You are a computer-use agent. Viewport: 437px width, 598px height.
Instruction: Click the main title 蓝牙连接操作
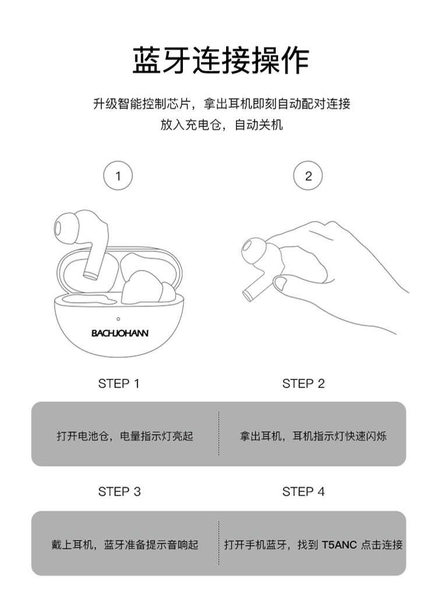pyautogui.click(x=221, y=61)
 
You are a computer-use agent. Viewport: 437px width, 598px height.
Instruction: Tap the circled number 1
pyautogui.click(x=118, y=176)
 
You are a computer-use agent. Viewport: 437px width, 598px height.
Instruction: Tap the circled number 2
pyautogui.click(x=308, y=176)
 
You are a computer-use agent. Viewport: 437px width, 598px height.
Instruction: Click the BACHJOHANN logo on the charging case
pyautogui.click(x=119, y=333)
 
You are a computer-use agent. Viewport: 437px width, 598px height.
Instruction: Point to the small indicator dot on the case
pyautogui.click(x=118, y=319)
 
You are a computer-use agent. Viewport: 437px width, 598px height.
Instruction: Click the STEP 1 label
pyautogui.click(x=119, y=384)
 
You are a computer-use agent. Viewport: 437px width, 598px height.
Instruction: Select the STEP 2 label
pyautogui.click(x=303, y=384)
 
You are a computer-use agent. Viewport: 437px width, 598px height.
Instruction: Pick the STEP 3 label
pyautogui.click(x=119, y=491)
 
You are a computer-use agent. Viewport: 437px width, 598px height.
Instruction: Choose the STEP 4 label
pyautogui.click(x=303, y=491)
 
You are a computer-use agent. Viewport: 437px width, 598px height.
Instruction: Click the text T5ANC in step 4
pyautogui.click(x=339, y=544)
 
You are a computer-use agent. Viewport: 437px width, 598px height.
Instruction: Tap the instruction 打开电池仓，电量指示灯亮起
pyautogui.click(x=125, y=436)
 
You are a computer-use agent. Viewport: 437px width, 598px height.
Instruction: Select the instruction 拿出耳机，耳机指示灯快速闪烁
pyautogui.click(x=313, y=436)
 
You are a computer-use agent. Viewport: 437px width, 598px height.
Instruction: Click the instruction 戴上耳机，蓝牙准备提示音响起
pyautogui.click(x=125, y=544)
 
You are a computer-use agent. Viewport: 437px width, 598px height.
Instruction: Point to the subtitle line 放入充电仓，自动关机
pyautogui.click(x=221, y=125)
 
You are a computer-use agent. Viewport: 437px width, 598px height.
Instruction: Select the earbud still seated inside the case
pyautogui.click(x=149, y=287)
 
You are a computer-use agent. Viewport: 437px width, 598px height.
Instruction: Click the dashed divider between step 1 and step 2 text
pyautogui.click(x=219, y=434)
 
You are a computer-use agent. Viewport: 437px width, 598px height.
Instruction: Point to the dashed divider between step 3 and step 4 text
pyautogui.click(x=219, y=543)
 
